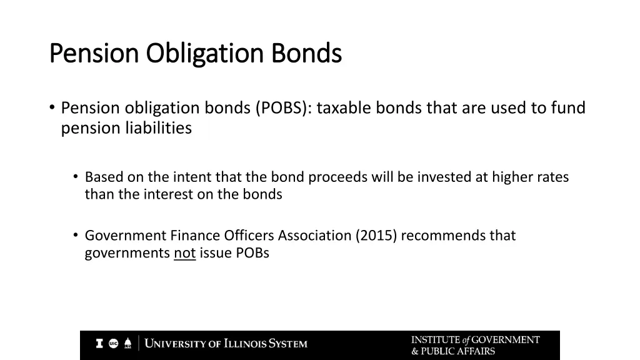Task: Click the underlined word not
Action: point(184,253)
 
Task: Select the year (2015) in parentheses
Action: point(376,236)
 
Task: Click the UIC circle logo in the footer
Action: point(114,343)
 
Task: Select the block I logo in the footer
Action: point(99,343)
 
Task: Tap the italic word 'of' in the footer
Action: point(466,341)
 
